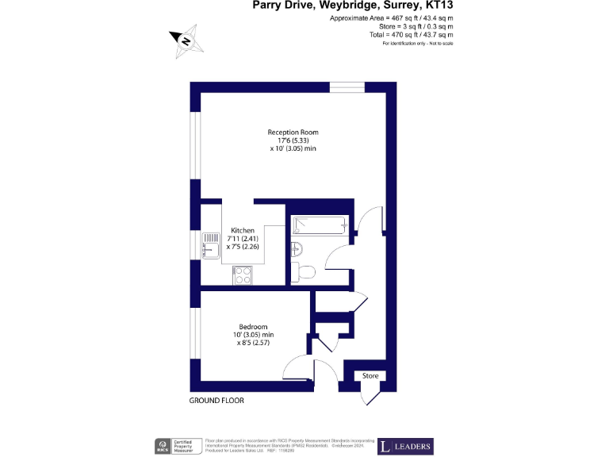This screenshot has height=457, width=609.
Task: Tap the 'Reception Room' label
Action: click(293, 132)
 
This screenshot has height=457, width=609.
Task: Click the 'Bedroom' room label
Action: click(253, 326)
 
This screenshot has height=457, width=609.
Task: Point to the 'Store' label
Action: click(370, 375)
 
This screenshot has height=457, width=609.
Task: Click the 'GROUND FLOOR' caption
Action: click(216, 401)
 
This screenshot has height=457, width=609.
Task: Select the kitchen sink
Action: click(211, 245)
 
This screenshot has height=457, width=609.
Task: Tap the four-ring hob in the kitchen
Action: click(242, 275)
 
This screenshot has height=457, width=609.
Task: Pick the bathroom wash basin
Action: click(296, 248)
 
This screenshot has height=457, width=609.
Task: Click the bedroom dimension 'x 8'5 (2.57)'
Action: click(254, 344)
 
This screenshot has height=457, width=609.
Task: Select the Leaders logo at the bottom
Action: click(404, 446)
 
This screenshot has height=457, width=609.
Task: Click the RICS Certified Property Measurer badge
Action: click(174, 446)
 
